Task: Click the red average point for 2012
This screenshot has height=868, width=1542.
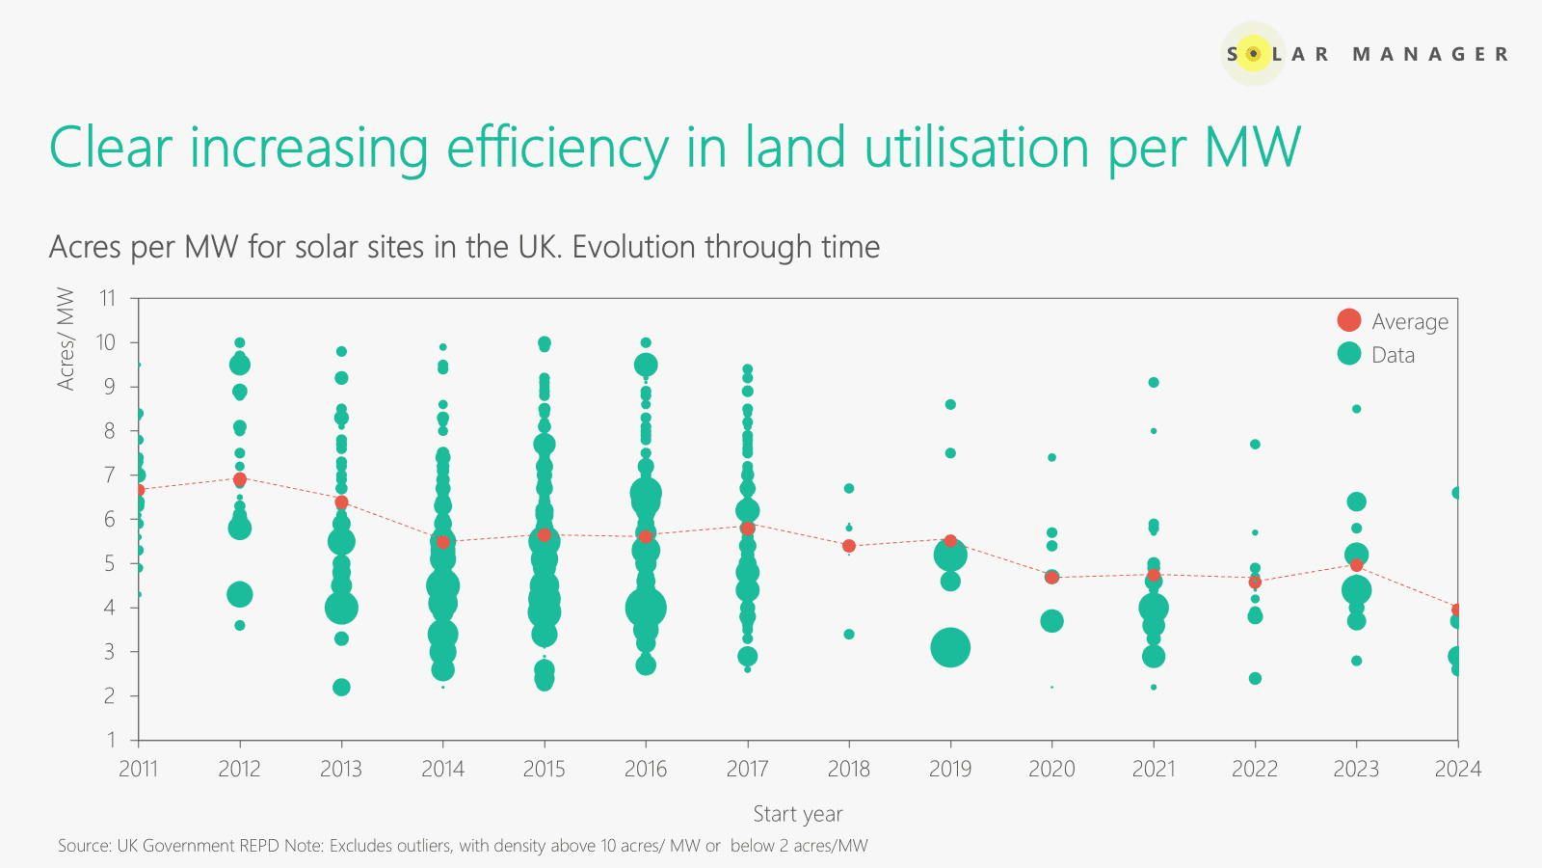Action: (240, 479)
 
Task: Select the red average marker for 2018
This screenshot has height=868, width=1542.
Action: (849, 546)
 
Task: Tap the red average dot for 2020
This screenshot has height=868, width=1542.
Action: (1051, 577)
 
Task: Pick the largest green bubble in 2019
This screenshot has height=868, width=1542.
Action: (950, 647)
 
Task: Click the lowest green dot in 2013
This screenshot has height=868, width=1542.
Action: (341, 687)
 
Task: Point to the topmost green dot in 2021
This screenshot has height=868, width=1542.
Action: (1154, 383)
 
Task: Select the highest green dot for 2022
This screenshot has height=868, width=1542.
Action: (1255, 445)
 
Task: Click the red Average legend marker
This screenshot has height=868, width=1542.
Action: (1349, 320)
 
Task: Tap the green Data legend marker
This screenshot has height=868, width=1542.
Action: (1349, 354)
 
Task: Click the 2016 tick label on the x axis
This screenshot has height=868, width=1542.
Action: (646, 769)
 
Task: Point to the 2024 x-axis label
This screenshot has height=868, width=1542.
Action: (1457, 769)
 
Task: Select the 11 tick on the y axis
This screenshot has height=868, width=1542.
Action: (107, 298)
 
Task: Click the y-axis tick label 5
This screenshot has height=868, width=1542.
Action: (110, 563)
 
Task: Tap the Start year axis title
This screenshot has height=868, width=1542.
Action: (798, 814)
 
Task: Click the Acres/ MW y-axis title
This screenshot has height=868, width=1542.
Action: (66, 339)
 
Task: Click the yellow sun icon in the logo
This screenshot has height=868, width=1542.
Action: (1253, 54)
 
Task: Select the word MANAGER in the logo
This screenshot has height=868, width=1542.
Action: (1430, 54)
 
